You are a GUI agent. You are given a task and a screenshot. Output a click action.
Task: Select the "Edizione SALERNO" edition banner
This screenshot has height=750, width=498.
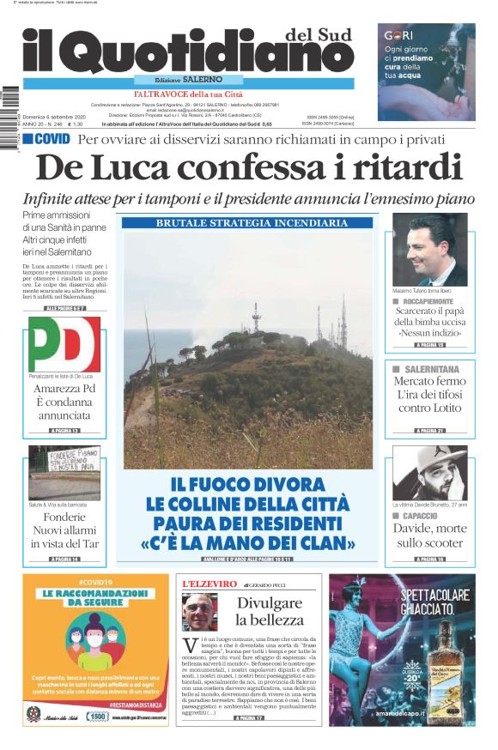[x=184, y=80]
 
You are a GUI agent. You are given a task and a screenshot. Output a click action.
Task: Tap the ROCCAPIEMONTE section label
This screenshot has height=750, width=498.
[x=435, y=301]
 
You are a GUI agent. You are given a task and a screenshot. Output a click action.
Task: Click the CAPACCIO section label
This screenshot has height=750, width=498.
[x=427, y=516]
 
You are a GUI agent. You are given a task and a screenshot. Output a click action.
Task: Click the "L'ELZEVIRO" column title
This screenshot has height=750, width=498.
[x=210, y=584]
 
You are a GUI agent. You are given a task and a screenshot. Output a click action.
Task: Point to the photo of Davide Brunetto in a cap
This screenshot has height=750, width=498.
[x=429, y=471]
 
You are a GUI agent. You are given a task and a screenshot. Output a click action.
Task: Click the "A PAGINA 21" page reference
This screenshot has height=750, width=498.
[x=429, y=430]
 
